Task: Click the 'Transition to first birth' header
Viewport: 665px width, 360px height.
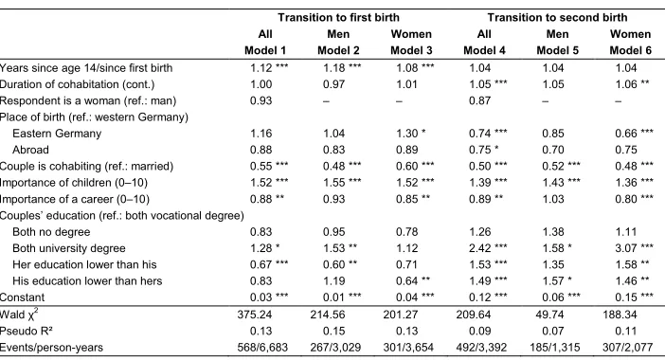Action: coord(338,17)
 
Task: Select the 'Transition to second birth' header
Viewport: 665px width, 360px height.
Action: coord(557,17)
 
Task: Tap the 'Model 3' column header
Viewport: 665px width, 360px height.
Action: coord(411,50)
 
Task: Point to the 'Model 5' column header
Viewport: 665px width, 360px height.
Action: coord(557,50)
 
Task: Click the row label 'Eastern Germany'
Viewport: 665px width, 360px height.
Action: coord(57,134)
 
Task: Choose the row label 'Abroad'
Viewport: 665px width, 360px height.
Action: coord(30,150)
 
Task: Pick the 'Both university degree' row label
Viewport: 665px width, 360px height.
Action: coord(69,248)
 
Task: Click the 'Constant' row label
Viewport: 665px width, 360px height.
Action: coord(22,297)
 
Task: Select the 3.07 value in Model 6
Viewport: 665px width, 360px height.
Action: coord(626,248)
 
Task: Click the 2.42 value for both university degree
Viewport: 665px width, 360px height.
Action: coord(479,248)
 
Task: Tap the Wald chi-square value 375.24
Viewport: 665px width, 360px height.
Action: coord(255,315)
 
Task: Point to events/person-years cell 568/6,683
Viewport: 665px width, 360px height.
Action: coord(262,348)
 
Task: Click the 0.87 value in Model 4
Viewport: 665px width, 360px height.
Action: coord(479,100)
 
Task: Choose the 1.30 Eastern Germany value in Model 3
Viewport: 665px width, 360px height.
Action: coord(406,134)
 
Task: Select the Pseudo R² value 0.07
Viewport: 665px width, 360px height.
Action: coord(553,332)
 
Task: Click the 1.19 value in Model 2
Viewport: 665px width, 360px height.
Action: coord(333,280)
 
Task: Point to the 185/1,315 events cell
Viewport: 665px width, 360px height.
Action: coord(555,348)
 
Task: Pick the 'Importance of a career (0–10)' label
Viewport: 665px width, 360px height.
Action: coord(75,199)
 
